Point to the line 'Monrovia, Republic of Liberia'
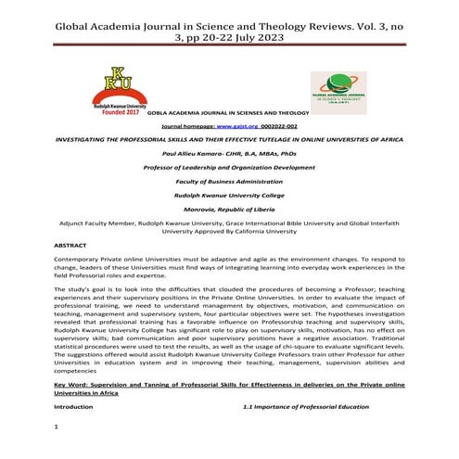[228, 211]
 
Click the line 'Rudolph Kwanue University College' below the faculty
[228, 196]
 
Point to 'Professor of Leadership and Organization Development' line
[228, 166]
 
